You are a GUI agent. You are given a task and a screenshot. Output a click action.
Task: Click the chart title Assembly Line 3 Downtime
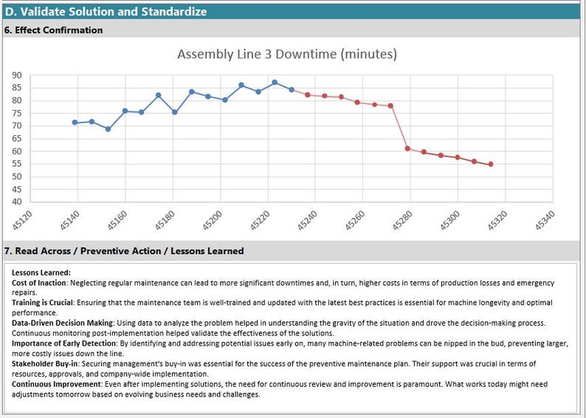[x=287, y=55]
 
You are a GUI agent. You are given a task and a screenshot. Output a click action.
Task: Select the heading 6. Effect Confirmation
[x=54, y=30]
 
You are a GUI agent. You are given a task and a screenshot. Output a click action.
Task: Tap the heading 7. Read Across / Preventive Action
[x=124, y=251]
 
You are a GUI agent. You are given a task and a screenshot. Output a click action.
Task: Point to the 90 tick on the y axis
[x=17, y=75]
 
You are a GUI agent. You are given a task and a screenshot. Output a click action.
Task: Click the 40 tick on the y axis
[x=17, y=202]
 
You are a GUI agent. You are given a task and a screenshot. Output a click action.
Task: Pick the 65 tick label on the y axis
[x=17, y=139]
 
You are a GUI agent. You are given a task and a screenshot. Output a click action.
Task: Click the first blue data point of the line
[x=75, y=123]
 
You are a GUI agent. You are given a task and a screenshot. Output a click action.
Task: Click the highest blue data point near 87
[x=275, y=83]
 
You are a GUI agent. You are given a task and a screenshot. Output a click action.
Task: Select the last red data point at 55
[x=491, y=164]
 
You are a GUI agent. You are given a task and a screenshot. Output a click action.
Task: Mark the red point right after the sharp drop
[x=407, y=148]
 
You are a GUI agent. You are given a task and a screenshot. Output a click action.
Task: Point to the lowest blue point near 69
[x=108, y=129]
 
